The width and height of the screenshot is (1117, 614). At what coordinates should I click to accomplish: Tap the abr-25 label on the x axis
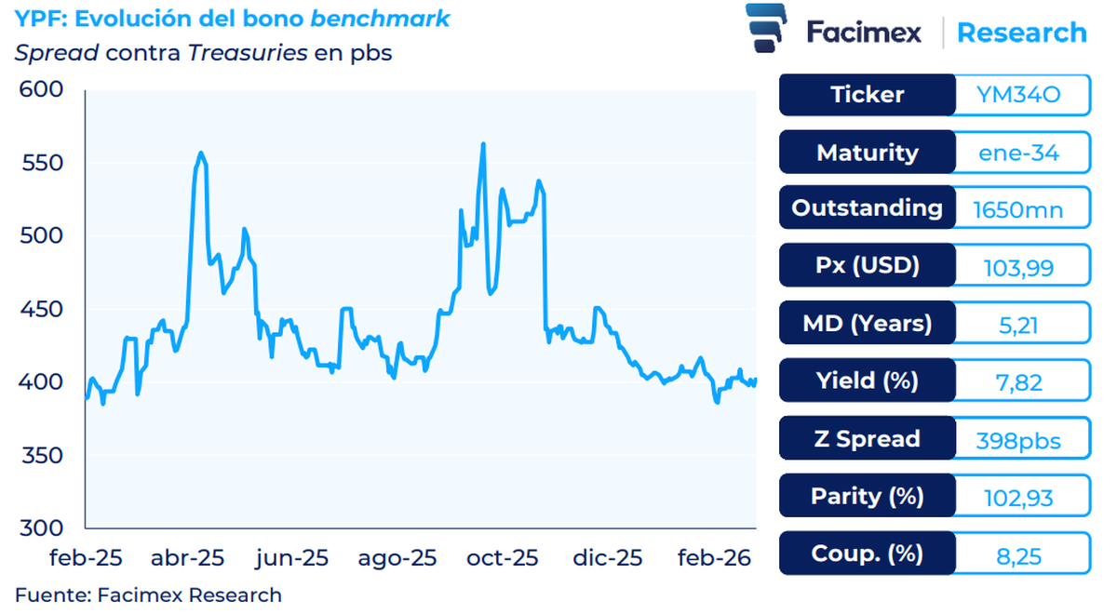(x=188, y=558)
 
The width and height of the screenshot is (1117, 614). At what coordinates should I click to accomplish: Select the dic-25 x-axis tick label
(x=607, y=558)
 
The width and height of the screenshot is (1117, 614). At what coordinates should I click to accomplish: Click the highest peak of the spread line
(x=483, y=144)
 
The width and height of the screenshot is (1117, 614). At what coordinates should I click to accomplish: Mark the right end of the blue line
(x=755, y=380)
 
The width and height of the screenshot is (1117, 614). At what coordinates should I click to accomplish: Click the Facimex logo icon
(x=769, y=31)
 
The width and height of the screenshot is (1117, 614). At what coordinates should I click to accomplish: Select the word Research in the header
(x=1021, y=33)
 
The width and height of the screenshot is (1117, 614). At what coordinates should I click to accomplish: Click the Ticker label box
(x=867, y=95)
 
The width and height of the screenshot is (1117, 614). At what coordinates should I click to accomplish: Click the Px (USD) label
(x=867, y=266)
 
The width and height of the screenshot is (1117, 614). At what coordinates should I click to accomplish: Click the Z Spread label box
(x=867, y=439)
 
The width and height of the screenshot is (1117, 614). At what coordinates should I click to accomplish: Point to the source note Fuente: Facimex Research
(x=148, y=594)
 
